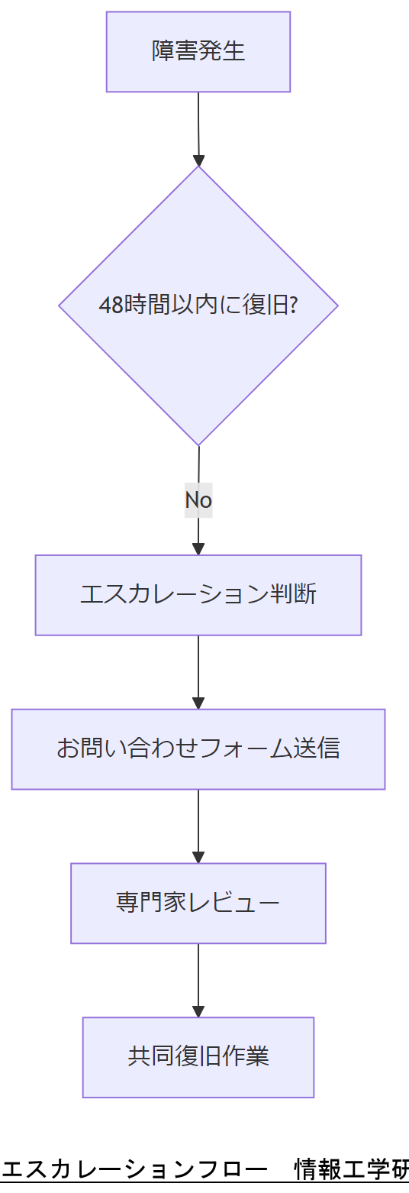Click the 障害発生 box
coord(198,52)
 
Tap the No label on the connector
coord(198,500)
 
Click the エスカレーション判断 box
coord(198,595)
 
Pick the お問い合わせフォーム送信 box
coord(198,749)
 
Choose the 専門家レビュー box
coord(198,904)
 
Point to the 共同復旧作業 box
coord(198,1057)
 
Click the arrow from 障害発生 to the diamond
coord(198,126)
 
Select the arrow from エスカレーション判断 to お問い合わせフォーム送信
coord(198,671)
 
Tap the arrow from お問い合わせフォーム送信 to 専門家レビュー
coord(198,825)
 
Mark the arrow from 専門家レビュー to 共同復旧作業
coord(198,979)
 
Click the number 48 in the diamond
coord(111,306)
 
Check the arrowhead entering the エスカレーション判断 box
coord(198,548)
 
